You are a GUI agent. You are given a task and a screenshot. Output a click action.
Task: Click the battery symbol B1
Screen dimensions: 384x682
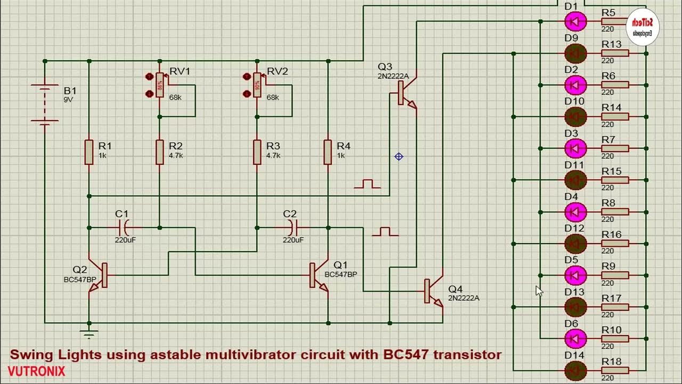click(x=44, y=105)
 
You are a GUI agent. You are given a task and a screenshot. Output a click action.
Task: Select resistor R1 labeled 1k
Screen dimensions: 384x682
click(x=89, y=151)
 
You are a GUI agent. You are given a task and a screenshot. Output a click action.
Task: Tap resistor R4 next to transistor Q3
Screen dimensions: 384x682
click(x=328, y=151)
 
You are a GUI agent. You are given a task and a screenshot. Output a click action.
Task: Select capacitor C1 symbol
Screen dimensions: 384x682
click(x=124, y=228)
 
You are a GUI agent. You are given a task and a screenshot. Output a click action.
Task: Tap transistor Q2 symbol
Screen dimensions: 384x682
click(x=99, y=276)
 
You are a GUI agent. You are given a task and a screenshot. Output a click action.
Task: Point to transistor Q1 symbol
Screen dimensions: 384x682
click(x=319, y=275)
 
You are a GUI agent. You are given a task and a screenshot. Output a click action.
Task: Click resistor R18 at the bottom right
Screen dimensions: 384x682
click(x=615, y=370)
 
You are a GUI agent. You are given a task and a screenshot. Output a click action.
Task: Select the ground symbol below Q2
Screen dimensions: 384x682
click(x=89, y=334)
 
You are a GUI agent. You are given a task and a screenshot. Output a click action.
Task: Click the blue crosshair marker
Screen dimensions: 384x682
click(x=399, y=156)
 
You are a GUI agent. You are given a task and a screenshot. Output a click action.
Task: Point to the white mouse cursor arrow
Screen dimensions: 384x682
click(x=539, y=291)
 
